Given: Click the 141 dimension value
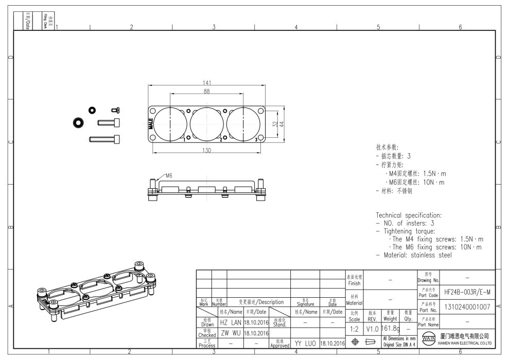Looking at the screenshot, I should pyautogui.click(x=207, y=83).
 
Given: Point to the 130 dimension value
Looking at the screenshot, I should pyautogui.click(x=207, y=150).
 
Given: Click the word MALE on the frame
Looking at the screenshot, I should pyautogui.click(x=150, y=124).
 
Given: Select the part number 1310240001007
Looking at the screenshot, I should pyautogui.click(x=467, y=308).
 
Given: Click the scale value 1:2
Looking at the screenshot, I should pyautogui.click(x=355, y=328).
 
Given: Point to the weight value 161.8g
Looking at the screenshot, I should pyautogui.click(x=391, y=328).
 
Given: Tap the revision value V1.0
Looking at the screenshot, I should pyautogui.click(x=373, y=328).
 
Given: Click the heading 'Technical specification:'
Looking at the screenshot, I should pyautogui.click(x=409, y=215).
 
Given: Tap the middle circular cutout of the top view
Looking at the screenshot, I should pyautogui.click(x=207, y=124).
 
